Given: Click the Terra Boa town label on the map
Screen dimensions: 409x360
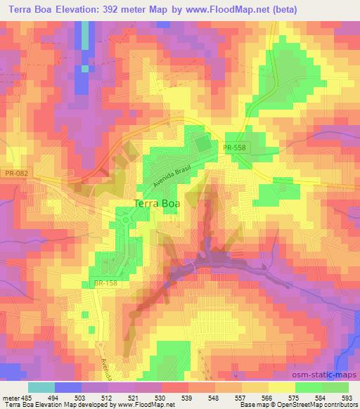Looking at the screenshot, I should [x=156, y=204].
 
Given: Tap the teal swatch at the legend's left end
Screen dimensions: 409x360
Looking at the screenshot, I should [x=41, y=387].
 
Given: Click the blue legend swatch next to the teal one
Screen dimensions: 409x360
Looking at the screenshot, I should [x=67, y=387].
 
